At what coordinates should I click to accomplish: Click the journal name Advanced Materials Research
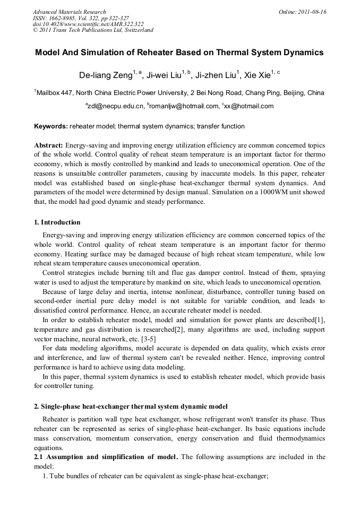70,12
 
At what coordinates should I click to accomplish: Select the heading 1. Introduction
57,222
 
